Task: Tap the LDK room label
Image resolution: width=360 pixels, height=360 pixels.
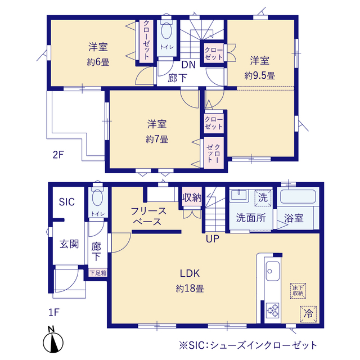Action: pos(190,273)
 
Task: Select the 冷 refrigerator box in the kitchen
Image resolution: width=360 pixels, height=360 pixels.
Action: pos(308,314)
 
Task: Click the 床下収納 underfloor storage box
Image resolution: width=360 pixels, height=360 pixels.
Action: pos(298,291)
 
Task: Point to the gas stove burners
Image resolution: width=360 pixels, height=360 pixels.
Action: pos(272,310)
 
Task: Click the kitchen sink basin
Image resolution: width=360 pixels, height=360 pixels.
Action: pos(273,271)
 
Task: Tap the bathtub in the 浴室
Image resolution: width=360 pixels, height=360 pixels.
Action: pos(298,196)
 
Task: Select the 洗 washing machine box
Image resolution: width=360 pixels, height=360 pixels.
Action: pos(263,198)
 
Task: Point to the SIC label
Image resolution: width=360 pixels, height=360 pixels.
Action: pos(66,202)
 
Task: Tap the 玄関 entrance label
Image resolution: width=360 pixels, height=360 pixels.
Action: pos(69,244)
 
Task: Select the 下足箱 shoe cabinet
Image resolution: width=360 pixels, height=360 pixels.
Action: pos(98,273)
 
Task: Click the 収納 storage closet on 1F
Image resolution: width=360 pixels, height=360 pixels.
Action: pos(192,197)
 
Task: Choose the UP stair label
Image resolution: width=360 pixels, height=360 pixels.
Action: pos(213,238)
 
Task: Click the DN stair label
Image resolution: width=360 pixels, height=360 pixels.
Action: pos(188,65)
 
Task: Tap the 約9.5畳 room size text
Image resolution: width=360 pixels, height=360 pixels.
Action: pos(259,75)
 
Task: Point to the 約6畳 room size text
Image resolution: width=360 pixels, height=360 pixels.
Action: pos(98,62)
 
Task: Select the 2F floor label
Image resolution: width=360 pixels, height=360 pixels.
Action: pos(58,155)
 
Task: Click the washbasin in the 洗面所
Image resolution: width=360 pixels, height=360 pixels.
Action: pos(238,195)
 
